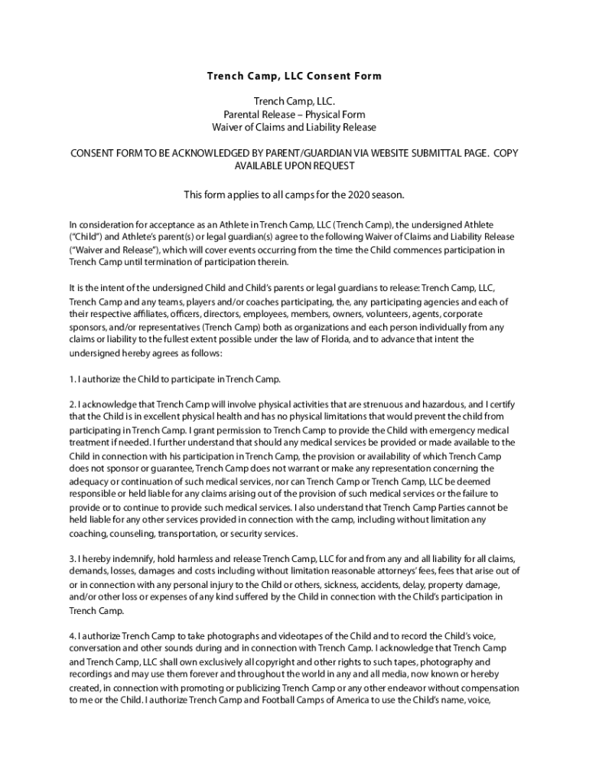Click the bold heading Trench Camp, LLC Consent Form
point(294,77)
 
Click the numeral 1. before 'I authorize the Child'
point(72,379)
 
